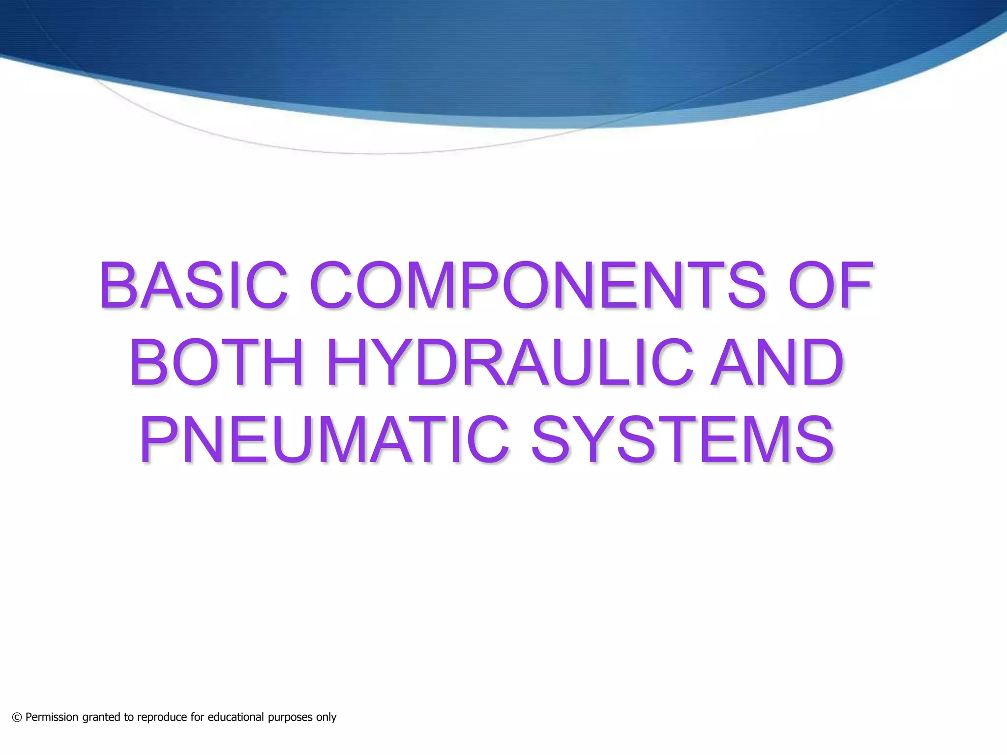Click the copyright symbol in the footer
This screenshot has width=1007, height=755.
pos(17,718)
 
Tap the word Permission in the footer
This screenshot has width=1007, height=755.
pos(52,718)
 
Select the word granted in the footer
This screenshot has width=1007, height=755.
pos(102,718)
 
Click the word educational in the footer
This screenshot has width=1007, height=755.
pos(236,718)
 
